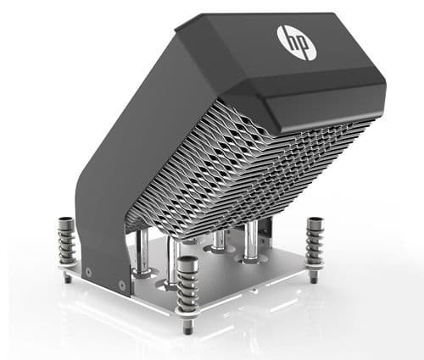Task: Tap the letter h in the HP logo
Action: [x=291, y=40]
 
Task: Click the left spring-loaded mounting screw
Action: [x=65, y=246]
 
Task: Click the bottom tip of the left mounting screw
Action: [x=67, y=279]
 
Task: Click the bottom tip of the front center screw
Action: [x=187, y=328]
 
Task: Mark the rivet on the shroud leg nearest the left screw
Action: [x=88, y=273]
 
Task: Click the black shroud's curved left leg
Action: [x=98, y=212]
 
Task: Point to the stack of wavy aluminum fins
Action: [x=246, y=161]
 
